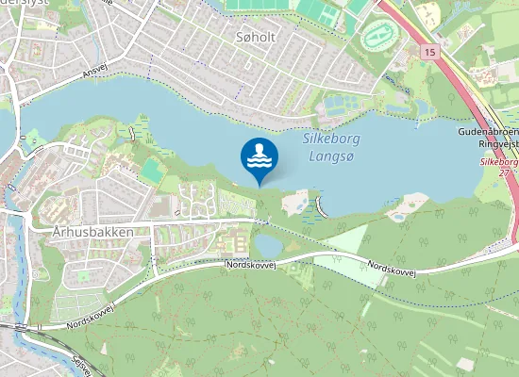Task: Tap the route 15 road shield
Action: (x=431, y=51)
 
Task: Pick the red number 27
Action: (x=504, y=172)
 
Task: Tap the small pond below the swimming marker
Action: (x=268, y=245)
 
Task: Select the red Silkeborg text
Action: (x=498, y=162)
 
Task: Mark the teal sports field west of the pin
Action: (x=152, y=171)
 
